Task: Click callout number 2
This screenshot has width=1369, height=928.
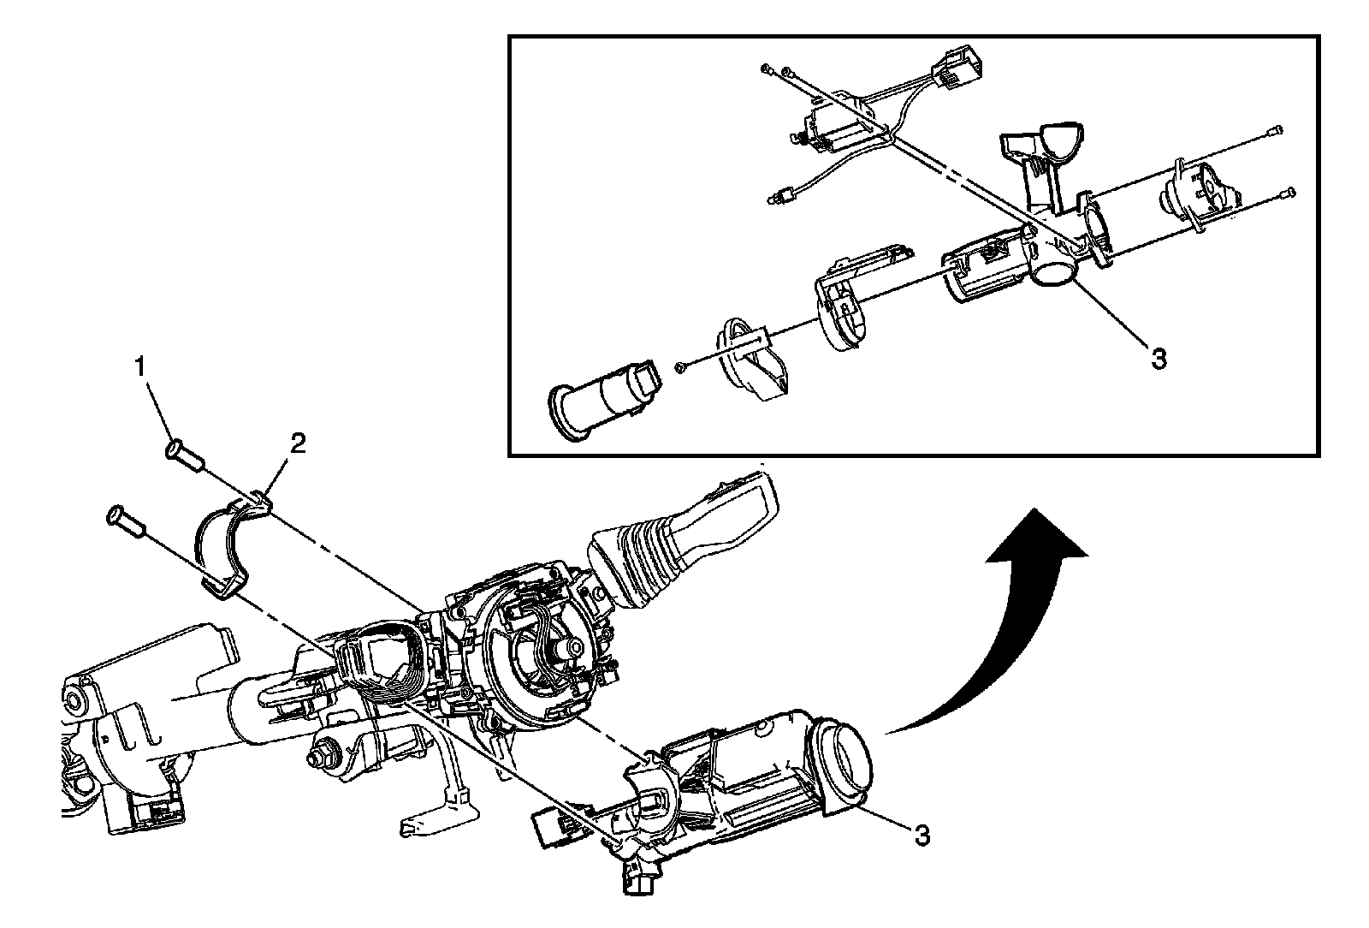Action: pyautogui.click(x=298, y=443)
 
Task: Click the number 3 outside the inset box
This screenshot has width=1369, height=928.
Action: pyautogui.click(x=921, y=835)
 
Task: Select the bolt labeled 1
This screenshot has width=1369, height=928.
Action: pyautogui.click(x=183, y=454)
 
